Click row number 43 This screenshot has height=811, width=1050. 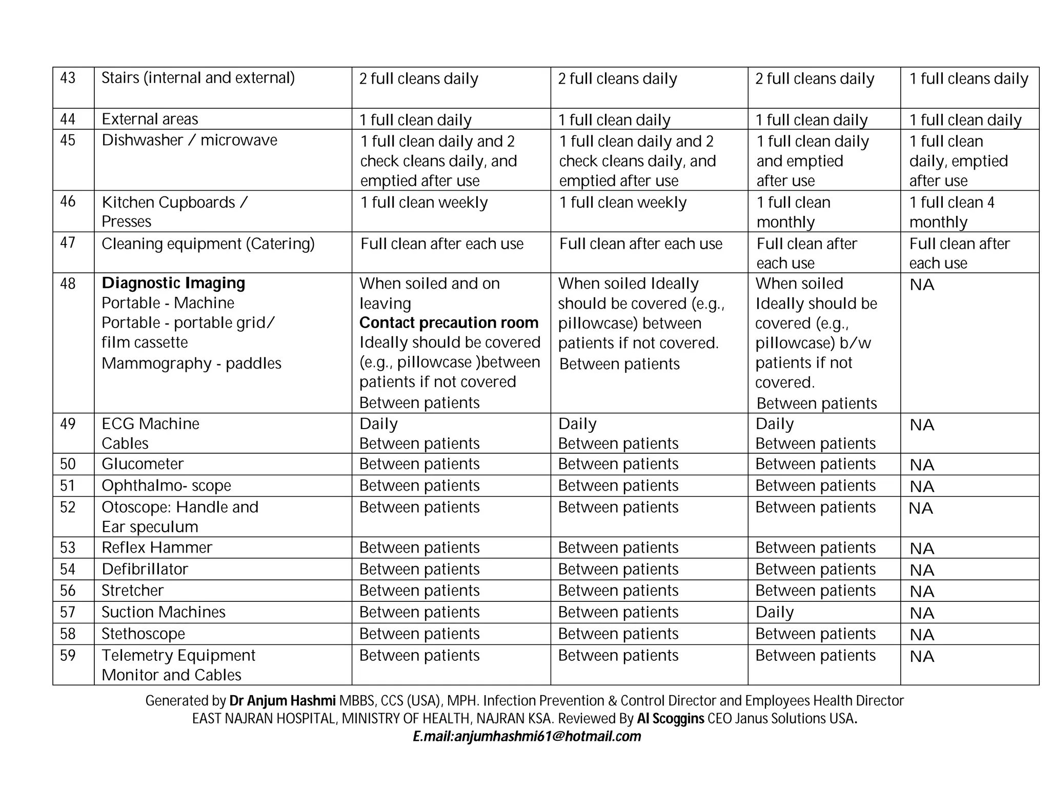click(x=68, y=78)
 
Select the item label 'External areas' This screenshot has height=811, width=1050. click(x=150, y=119)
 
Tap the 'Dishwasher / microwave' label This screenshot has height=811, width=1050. click(x=189, y=140)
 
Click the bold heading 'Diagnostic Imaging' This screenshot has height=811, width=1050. click(x=173, y=283)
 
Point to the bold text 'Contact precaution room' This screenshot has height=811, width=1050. click(x=449, y=322)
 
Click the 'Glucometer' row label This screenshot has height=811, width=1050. click(x=142, y=464)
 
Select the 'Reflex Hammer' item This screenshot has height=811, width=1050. click(x=156, y=548)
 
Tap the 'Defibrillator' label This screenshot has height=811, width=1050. click(x=145, y=569)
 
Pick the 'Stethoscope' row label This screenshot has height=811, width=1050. click(x=143, y=634)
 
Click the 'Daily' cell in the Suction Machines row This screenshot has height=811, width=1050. click(x=774, y=612)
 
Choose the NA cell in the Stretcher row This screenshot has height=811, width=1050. click(x=921, y=591)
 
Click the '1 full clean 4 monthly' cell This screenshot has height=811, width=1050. click(x=952, y=212)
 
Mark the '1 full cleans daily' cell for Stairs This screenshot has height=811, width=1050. click(x=968, y=78)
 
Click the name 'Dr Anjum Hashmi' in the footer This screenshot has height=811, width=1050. click(x=282, y=701)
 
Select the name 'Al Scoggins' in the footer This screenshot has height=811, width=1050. click(x=670, y=719)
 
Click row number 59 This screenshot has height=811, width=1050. click(x=68, y=656)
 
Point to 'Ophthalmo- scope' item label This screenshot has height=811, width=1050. click(x=166, y=485)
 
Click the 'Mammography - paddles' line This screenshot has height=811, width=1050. click(x=191, y=363)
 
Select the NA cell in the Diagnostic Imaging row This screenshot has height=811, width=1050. click(x=921, y=285)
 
